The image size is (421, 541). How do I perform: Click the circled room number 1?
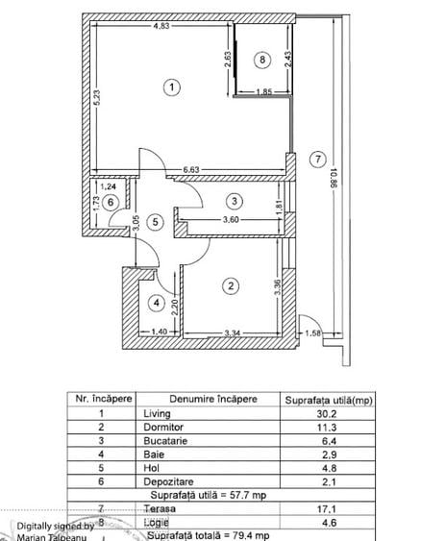coord(171,87)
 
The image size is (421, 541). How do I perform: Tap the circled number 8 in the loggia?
coord(263,60)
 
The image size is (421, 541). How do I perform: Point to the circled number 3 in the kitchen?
coord(233,201)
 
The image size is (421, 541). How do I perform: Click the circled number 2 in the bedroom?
coord(231,285)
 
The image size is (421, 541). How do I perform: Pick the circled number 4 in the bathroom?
coord(156,304)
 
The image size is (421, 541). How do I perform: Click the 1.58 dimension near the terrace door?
coord(312,334)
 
